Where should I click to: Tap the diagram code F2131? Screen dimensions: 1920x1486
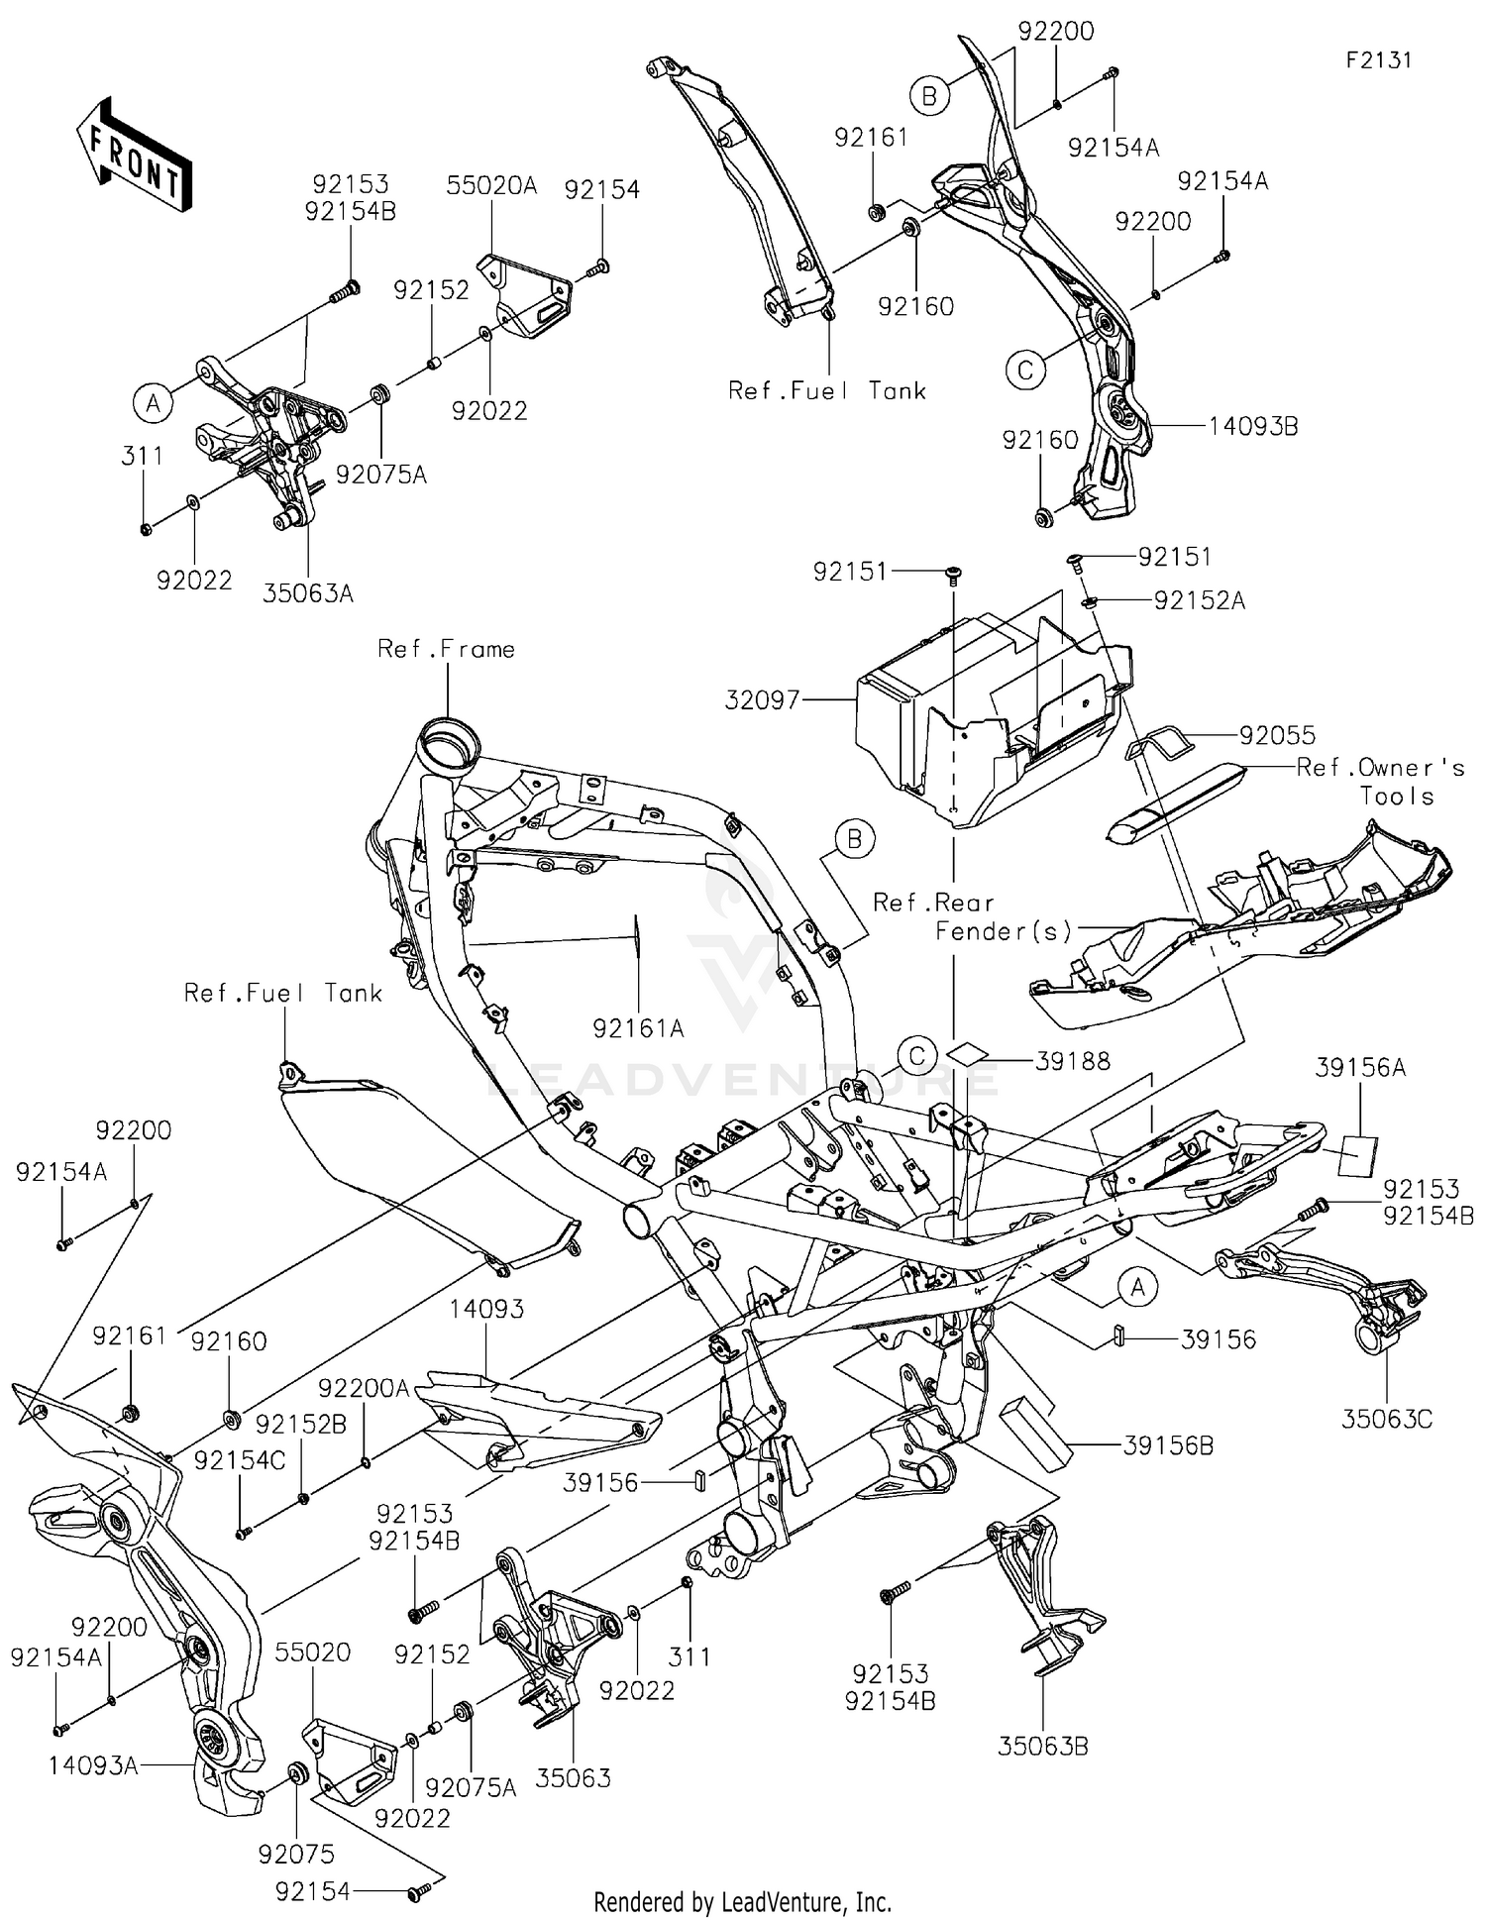click(1378, 59)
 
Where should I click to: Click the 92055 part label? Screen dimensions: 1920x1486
click(1277, 734)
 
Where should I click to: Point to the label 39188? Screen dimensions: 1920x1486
click(1072, 1061)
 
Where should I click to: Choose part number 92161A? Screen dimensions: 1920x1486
click(638, 1028)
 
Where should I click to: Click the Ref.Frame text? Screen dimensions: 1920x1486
click(446, 649)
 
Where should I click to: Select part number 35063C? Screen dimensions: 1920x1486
click(1387, 1419)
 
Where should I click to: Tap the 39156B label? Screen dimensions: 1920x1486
click(1168, 1445)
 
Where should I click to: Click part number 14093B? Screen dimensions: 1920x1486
click(1253, 426)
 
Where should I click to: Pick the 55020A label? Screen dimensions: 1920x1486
click(490, 185)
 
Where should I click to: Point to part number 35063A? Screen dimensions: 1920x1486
click(307, 593)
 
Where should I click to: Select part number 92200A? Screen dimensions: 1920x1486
click(364, 1388)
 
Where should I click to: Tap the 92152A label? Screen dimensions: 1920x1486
click(1199, 600)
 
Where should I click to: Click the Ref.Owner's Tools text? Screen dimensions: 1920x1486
click(1381, 782)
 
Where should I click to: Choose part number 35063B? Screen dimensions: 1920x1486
click(1042, 1747)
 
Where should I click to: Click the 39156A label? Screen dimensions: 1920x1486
click(1360, 1067)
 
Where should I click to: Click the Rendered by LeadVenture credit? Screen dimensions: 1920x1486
click(742, 1901)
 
